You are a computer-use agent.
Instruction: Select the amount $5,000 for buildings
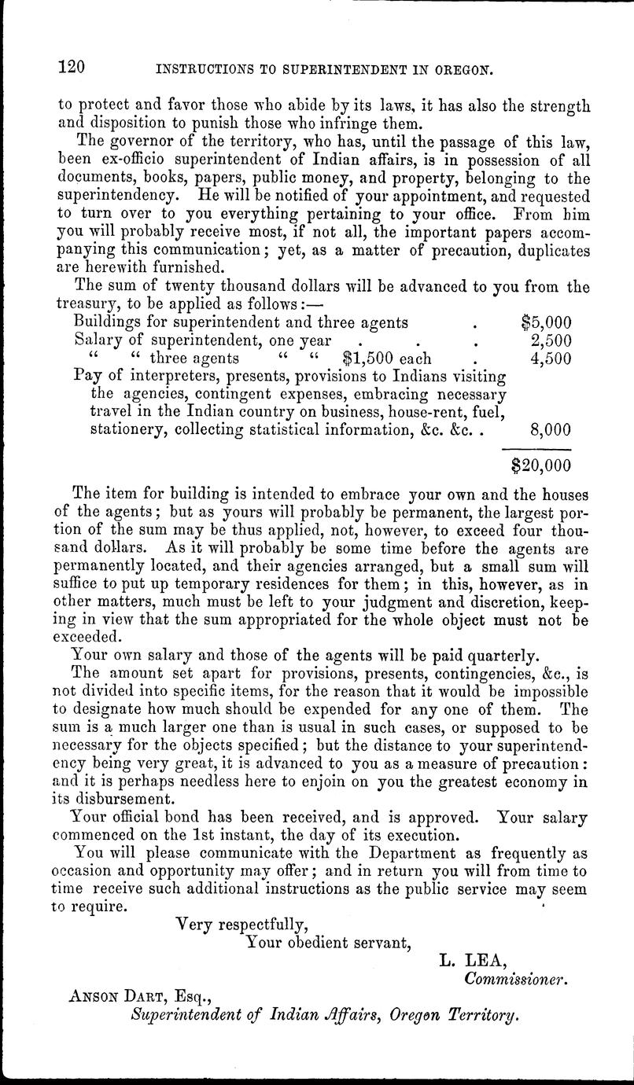[x=546, y=322]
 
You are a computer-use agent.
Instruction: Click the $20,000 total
[x=540, y=465]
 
